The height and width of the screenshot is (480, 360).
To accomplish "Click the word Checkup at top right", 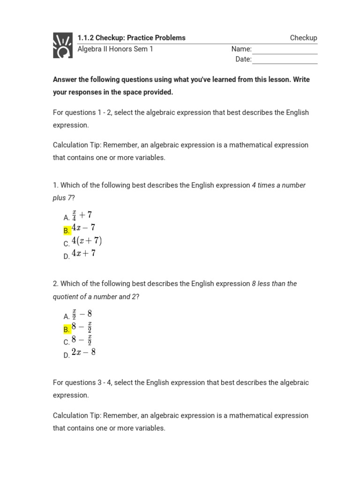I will pos(303,38).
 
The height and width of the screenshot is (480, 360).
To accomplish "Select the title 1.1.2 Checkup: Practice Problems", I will pos(131,38).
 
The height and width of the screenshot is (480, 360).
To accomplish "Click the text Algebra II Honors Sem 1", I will pos(115,49).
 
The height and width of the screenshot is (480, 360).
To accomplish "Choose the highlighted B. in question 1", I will pos(67,230).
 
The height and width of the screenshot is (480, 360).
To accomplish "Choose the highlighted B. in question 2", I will pos(67,329).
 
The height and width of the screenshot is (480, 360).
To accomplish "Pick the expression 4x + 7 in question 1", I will pos(83,254).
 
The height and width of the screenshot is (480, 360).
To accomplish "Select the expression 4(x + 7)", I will pos(86,241).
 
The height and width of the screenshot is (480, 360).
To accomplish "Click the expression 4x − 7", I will pos(83,228).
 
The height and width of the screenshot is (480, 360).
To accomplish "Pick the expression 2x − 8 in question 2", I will pos(83,352).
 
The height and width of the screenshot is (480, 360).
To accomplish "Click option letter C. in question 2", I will pos(67,342).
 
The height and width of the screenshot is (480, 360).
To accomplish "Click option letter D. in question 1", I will pos(67,256).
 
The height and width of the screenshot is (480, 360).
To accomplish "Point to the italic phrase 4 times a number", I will pos(278,185).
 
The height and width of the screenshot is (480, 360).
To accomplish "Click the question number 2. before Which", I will pos(56,284).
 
